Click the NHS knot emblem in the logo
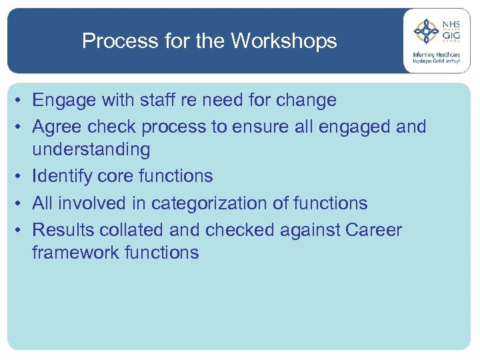coord(425,31)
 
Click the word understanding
coord(91,149)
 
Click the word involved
coord(95,203)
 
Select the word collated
coord(130,230)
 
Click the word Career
coord(373,230)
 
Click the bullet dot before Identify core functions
coord(22,177)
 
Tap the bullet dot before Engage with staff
coord(22,101)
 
